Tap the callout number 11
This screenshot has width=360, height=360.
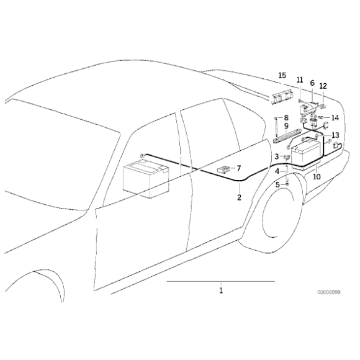pos(299,81)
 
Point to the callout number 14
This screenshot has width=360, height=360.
pos(335,117)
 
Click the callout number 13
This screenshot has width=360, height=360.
pos(335,135)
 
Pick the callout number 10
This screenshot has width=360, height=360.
pos(317,176)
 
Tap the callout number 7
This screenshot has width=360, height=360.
pos(240,168)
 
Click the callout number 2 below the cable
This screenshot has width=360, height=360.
pos(239,198)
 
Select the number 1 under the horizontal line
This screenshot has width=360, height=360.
pos(220,289)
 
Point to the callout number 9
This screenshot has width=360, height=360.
pos(286,126)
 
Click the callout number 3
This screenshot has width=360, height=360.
pos(277,156)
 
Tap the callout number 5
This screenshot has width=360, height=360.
pos(279,184)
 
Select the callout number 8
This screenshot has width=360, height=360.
pos(286,117)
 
